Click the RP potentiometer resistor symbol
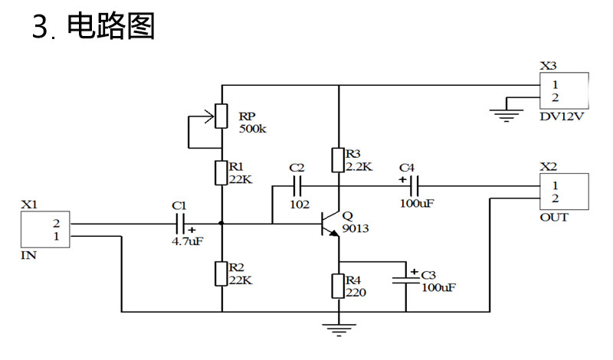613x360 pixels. tap(221, 116)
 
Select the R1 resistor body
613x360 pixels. tap(221, 173)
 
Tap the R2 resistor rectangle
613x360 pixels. tap(221, 273)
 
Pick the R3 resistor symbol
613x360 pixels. tap(338, 160)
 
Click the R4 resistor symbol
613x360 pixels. tap(338, 286)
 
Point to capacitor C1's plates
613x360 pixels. tap(180, 224)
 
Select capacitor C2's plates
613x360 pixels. tap(297, 186)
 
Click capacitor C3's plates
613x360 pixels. tap(406, 280)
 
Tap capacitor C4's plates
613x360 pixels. tap(415, 186)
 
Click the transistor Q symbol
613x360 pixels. tap(330, 224)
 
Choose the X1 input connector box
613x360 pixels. tap(45, 230)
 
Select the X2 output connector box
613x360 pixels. tap(564, 191)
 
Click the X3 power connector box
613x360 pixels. tap(564, 90)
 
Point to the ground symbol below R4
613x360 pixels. tap(339, 330)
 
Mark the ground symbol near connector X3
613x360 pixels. tap(506, 116)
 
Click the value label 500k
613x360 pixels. tap(253, 129)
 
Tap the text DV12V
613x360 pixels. tap(562, 116)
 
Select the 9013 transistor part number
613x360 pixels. tap(356, 228)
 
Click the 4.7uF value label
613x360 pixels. tap(188, 241)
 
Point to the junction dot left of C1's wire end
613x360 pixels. tap(221, 224)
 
